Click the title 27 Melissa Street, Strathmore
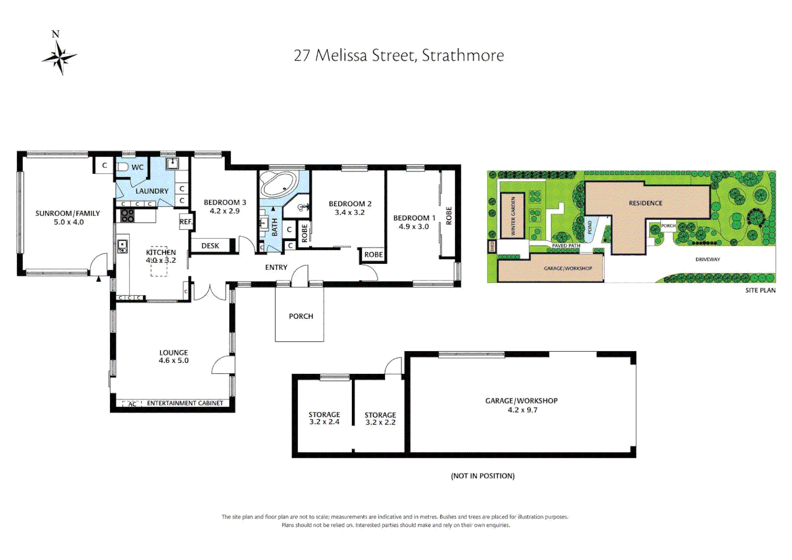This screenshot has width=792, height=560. (x=399, y=55)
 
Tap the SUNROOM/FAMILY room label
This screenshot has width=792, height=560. (x=67, y=213)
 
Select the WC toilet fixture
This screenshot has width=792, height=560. (x=123, y=167)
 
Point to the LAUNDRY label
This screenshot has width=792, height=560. (x=152, y=191)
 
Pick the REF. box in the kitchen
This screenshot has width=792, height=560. (x=186, y=221)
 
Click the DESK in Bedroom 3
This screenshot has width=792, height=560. (x=210, y=246)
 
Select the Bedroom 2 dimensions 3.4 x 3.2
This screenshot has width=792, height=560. (x=349, y=213)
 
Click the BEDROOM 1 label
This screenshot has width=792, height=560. (x=414, y=218)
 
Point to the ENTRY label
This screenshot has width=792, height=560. (x=276, y=268)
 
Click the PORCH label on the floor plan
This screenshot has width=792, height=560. (x=301, y=316)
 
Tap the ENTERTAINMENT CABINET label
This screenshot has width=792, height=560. (x=185, y=403)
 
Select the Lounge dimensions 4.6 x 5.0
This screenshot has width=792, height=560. (x=174, y=360)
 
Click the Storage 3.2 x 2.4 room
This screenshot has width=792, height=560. (x=324, y=418)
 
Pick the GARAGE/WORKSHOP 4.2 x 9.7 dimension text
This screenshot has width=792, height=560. (x=522, y=410)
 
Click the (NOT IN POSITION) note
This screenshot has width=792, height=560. (x=483, y=476)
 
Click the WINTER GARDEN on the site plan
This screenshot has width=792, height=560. (x=513, y=216)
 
